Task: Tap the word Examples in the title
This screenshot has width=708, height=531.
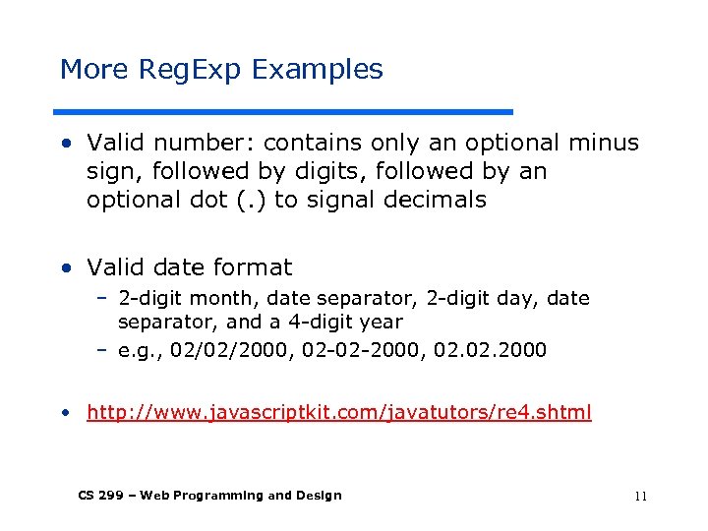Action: [x=317, y=70]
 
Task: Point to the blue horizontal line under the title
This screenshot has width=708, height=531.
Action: [x=285, y=111]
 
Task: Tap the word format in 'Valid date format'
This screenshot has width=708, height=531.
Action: [x=256, y=266]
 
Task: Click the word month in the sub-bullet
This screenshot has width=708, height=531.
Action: [x=211, y=298]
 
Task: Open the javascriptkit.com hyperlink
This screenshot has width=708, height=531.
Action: [x=338, y=412]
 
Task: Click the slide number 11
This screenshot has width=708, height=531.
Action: [x=640, y=496]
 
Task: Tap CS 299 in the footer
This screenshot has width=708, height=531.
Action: [x=101, y=496]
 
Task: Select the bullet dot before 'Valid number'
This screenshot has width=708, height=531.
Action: [x=66, y=144]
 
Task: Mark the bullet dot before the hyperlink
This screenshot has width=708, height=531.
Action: [x=66, y=413]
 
